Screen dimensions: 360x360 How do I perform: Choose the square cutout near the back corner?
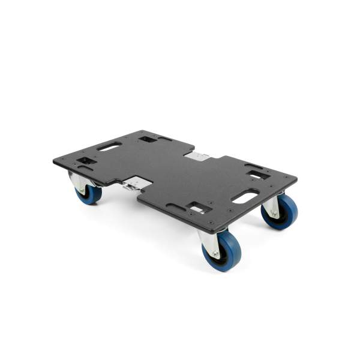pos(147,139)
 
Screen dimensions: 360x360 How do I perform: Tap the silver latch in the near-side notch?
pos(133,184)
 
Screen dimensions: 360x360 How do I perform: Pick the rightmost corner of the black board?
pos(297,178)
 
